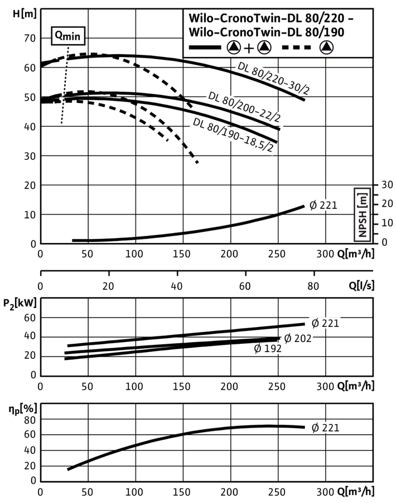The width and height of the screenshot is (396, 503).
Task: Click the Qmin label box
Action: [68, 36]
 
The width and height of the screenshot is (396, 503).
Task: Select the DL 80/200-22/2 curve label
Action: [244, 107]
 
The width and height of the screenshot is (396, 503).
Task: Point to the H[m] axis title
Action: [25, 14]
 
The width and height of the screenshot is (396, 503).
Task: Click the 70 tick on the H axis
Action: [30, 38]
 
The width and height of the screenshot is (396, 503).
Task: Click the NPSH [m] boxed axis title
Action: [363, 215]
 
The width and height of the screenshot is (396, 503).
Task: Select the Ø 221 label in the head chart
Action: [323, 205]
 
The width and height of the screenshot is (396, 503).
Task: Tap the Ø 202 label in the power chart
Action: [298, 339]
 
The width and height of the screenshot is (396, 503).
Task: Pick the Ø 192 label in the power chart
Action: [268, 348]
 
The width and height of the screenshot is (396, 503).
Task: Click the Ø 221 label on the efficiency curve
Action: [325, 428]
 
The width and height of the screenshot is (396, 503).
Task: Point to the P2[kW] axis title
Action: [20, 303]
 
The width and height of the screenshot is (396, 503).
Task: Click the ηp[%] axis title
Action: [23, 409]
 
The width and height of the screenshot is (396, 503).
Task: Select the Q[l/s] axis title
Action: [361, 285]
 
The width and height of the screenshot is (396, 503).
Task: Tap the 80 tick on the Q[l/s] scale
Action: [313, 286]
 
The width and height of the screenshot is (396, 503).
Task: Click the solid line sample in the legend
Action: [205, 48]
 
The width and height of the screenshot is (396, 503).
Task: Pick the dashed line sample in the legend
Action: [296, 48]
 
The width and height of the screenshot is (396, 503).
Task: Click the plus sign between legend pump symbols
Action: [249, 48]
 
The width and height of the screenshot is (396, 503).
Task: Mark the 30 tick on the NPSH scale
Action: [387, 185]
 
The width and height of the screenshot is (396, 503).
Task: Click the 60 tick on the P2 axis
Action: [30, 317]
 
